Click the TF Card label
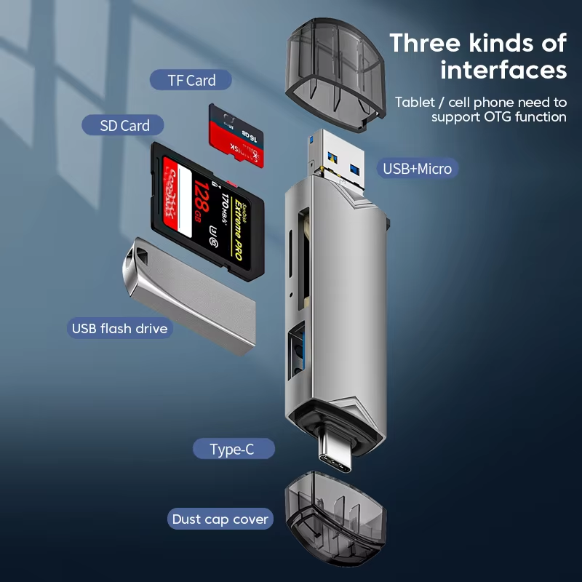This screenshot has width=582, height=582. point(191,80)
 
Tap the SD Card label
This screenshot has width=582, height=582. point(125,125)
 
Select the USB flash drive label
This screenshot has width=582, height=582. point(120,328)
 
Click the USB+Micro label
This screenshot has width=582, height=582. point(418,169)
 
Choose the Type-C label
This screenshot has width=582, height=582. point(232,449)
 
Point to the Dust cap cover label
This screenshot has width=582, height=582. point(220,519)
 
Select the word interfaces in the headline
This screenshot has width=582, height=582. point(503,70)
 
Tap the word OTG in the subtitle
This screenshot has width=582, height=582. point(496,116)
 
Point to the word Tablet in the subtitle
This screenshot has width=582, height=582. point(416,102)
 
